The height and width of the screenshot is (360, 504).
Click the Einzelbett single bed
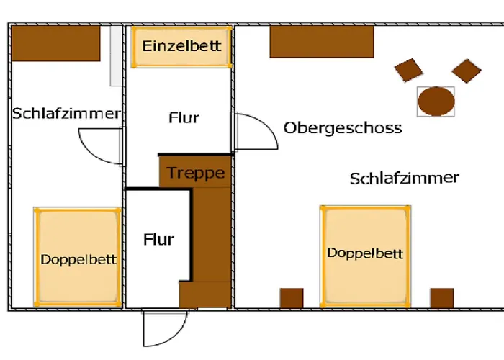pos(181,48)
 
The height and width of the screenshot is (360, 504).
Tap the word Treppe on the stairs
pos(196,173)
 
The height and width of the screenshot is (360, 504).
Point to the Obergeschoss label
pos(343,128)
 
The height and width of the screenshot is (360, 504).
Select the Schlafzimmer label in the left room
pos(66,114)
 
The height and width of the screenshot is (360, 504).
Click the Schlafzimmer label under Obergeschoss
pos(405,178)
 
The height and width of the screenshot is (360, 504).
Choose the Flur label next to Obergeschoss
pos(184,118)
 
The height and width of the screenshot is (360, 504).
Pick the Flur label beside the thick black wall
pos(158,239)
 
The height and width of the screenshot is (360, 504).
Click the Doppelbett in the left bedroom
pos(78,257)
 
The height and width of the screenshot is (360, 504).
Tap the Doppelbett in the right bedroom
pos(366,255)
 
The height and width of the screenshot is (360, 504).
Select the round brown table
pos(436,102)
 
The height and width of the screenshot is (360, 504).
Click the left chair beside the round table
pos(410,70)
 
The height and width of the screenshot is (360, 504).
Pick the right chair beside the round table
pos(466,70)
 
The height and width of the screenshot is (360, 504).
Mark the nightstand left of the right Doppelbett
pos(292,298)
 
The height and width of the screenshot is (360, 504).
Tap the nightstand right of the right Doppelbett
pos(442,298)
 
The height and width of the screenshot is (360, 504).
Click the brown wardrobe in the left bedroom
pos(55,43)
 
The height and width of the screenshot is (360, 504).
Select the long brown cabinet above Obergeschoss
pos(322,42)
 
